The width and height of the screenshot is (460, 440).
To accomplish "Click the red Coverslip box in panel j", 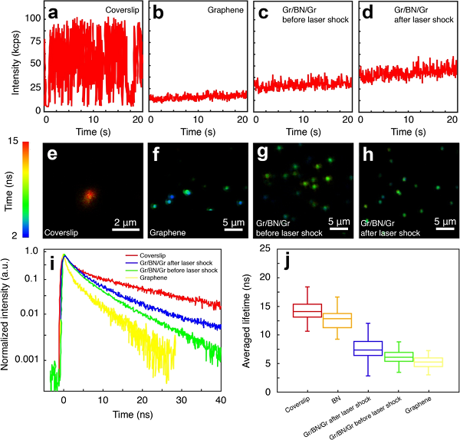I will [307, 310].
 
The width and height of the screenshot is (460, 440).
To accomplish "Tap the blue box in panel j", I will [367, 348].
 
